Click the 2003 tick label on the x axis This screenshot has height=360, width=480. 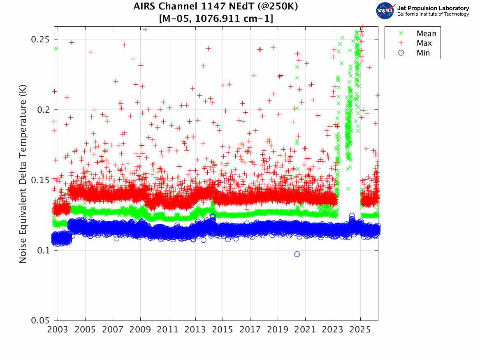point(58,330)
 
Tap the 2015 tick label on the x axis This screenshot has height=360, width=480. point(223,330)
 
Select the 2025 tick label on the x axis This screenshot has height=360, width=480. point(360,330)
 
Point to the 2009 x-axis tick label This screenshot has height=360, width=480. point(140,330)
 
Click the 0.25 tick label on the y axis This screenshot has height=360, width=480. point(40,39)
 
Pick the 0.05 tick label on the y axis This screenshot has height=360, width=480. point(40,321)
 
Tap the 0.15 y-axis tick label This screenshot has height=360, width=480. point(40,180)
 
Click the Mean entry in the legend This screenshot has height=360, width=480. point(426,34)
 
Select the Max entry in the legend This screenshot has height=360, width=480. point(424,43)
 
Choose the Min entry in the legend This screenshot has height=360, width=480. point(423,53)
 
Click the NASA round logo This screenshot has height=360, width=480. point(385,11)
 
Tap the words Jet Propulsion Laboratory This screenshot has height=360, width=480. point(433,8)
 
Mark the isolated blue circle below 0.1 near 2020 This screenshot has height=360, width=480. point(297,254)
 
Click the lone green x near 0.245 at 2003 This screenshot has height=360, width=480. point(56,48)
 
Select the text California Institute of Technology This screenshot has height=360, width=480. point(433,14)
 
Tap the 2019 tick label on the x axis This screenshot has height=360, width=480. point(278,330)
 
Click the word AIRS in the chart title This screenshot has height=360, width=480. point(144,7)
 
